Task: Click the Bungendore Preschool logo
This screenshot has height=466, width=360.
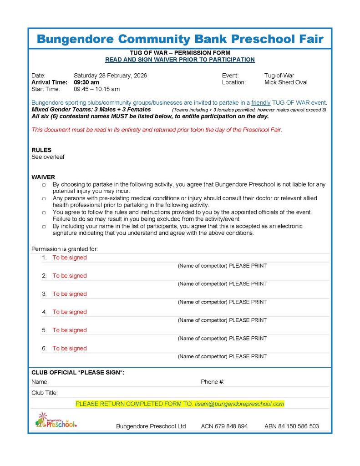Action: point(56,420)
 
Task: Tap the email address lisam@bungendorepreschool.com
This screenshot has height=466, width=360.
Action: point(239,404)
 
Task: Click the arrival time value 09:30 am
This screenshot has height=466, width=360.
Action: point(86,82)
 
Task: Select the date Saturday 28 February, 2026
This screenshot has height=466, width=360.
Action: point(110,75)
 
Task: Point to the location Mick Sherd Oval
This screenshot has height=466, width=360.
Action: point(286,82)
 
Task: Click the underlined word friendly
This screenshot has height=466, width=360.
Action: point(261,103)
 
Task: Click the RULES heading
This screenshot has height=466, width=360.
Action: point(41,150)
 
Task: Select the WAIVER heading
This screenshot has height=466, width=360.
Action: point(43,177)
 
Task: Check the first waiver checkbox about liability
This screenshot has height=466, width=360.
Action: point(44,185)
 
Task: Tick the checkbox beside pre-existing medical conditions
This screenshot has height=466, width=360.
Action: point(44,199)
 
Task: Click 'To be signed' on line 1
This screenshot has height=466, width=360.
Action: point(69,258)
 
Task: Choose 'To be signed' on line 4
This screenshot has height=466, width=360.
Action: point(69,312)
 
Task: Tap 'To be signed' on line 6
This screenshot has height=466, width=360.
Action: point(69,349)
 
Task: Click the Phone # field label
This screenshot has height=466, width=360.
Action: point(213,382)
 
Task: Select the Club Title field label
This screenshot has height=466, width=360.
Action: point(45,393)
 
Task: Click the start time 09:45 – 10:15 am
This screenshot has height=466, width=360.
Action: point(96,89)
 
